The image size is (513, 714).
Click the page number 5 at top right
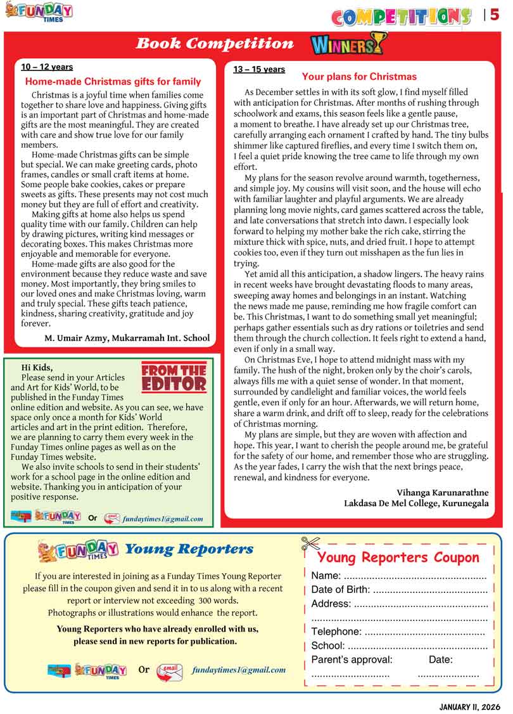[x=495, y=15]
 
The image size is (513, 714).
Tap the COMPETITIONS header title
[x=402, y=16]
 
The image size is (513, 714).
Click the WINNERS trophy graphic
[x=348, y=44]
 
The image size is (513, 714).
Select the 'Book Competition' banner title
[x=215, y=44]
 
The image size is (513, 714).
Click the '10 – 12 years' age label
[x=47, y=67]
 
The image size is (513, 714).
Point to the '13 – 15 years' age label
[x=259, y=69]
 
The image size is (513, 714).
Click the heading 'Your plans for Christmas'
[x=359, y=77]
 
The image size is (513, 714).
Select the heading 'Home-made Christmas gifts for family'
[x=113, y=81]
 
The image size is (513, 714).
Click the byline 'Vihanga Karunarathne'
[x=442, y=492]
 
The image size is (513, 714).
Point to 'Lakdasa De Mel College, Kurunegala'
[x=416, y=503]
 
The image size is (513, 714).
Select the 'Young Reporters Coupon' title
[x=398, y=557]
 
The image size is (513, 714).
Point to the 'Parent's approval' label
[x=351, y=659]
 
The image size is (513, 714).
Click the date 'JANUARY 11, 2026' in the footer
[x=469, y=706]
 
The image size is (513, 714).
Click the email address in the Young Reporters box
[x=238, y=670]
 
